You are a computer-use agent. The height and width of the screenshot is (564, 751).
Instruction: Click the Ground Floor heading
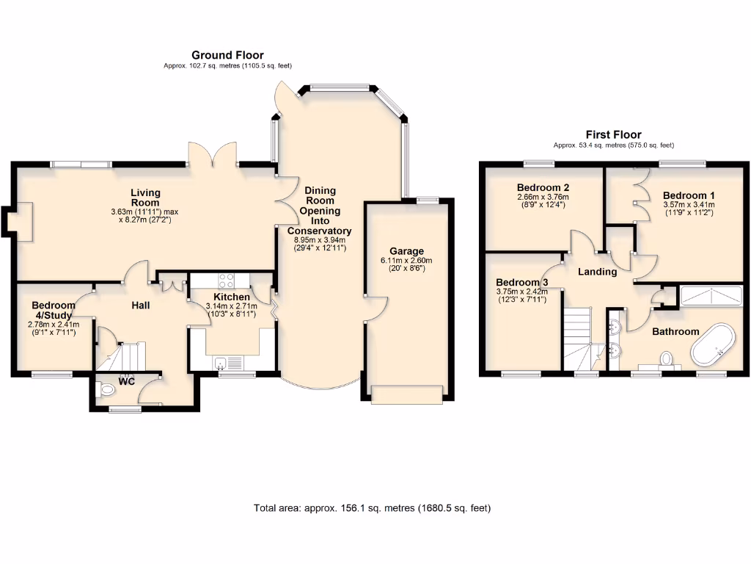coord(227,55)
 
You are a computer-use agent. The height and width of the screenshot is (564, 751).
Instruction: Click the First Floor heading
coord(613,134)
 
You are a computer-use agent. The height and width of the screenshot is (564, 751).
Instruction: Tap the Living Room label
coord(145,198)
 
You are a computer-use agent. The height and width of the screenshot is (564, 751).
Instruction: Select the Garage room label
coord(407,251)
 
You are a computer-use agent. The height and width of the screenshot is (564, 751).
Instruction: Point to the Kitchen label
coord(231,297)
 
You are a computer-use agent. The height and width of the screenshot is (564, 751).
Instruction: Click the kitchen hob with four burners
coord(227,280)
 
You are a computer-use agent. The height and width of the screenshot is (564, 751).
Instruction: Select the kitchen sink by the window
coord(219,362)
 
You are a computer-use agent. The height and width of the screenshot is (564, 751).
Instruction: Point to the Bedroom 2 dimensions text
coord(543,200)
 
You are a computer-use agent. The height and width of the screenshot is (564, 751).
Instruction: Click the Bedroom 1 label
coord(688,195)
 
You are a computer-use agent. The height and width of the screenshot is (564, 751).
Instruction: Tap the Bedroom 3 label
coord(521,283)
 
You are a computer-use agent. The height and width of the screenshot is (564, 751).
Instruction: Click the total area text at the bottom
coord(372,507)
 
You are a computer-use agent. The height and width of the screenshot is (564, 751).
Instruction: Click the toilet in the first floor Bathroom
coord(666,359)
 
